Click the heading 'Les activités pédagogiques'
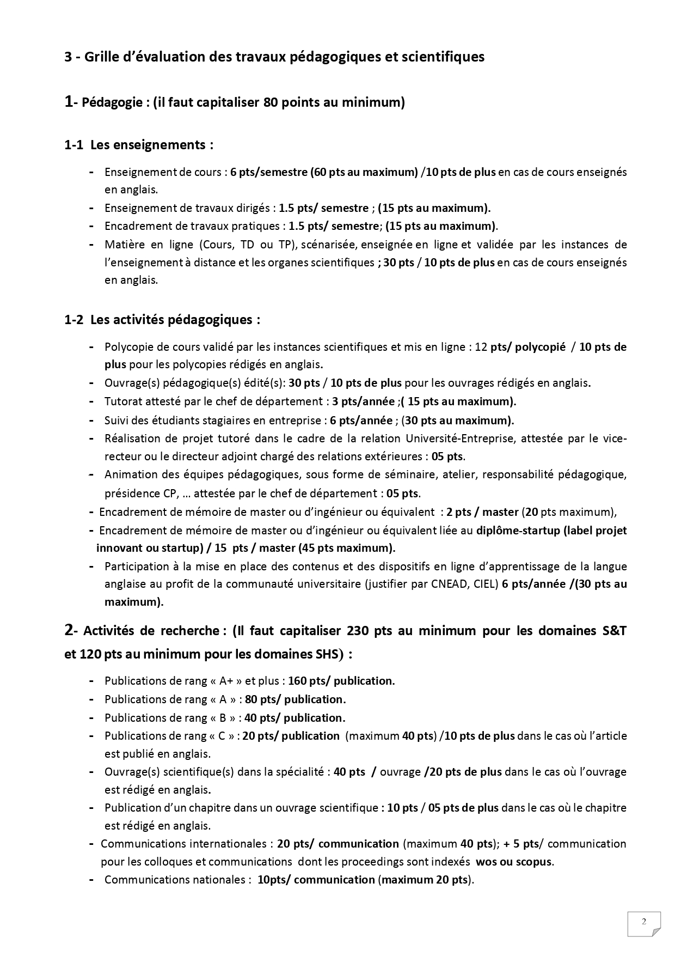(175, 319)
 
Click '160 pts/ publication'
(341, 681)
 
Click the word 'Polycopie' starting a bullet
(129, 347)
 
